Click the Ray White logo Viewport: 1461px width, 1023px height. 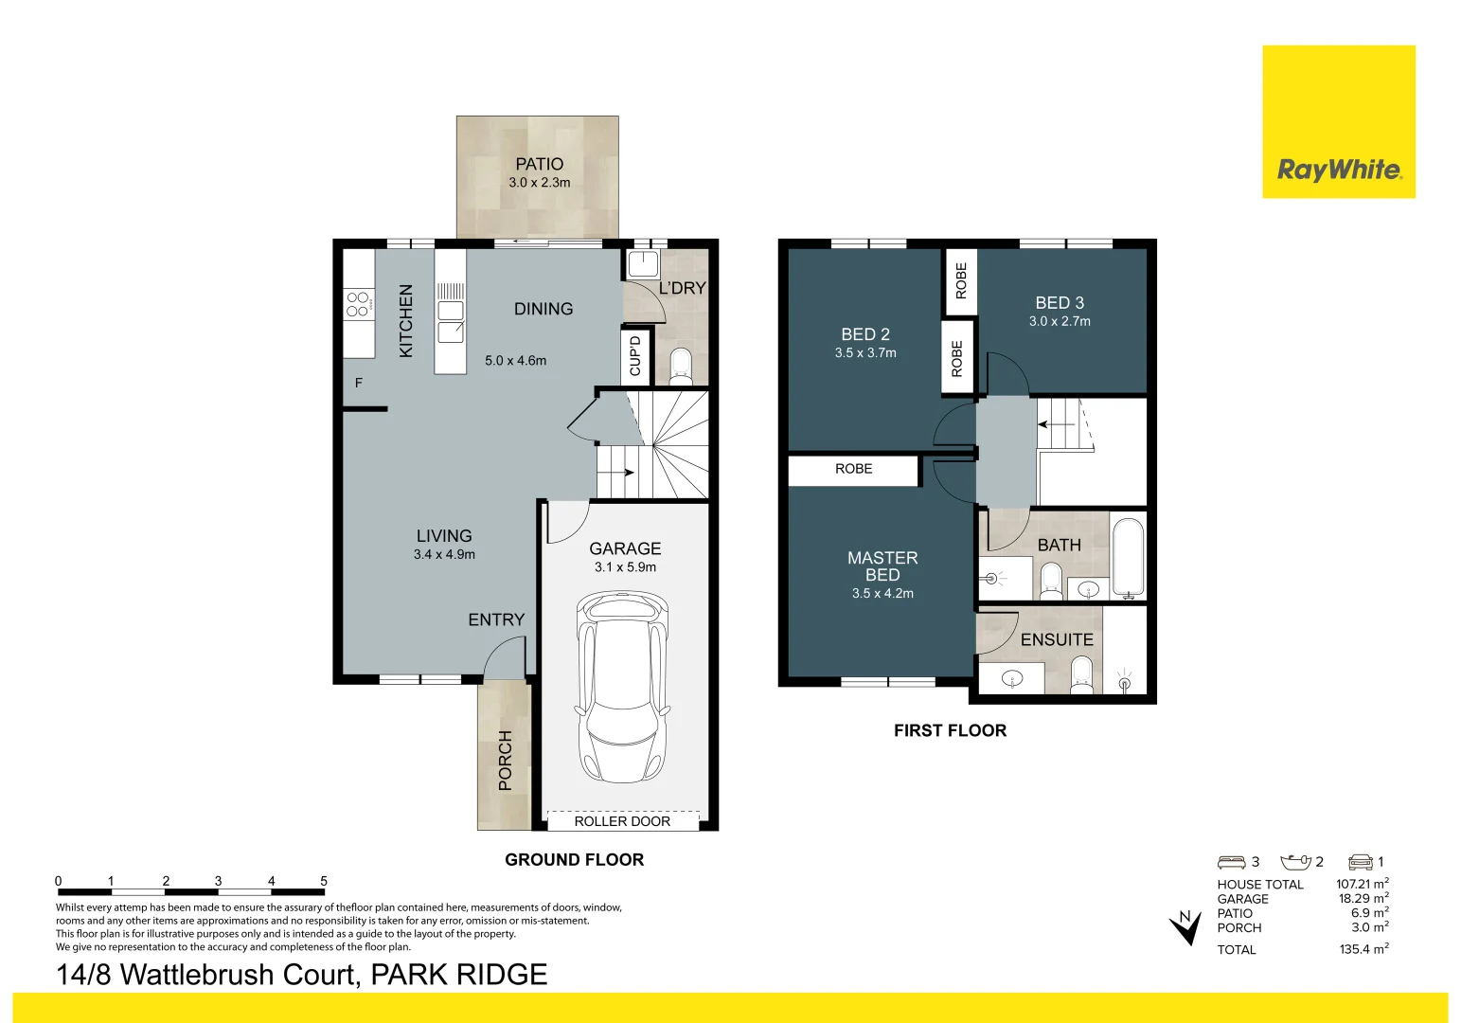pos(1338,121)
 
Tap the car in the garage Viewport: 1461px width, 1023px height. pos(623,687)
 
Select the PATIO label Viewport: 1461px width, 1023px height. pos(540,164)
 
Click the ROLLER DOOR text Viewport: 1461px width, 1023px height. pos(622,821)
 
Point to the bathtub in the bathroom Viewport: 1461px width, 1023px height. pos(1128,558)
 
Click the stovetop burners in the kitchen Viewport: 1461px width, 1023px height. pos(358,305)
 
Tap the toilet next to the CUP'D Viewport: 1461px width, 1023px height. pos(680,367)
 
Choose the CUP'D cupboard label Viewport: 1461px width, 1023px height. pos(634,356)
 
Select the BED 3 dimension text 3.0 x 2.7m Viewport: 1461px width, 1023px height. pos(1060,321)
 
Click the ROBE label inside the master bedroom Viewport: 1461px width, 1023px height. pos(853,469)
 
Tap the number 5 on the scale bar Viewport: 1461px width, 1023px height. pos(324,881)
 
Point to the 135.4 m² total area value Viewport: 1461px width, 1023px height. pos(1363,948)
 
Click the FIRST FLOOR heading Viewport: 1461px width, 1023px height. pos(951,730)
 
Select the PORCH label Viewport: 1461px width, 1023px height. pos(505,760)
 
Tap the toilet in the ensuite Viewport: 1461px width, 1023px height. pos(1080,675)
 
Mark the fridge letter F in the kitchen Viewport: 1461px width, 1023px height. pos(359,383)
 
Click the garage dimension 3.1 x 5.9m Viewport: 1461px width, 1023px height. pos(625,567)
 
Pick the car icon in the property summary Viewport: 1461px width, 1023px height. pos(1362,862)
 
